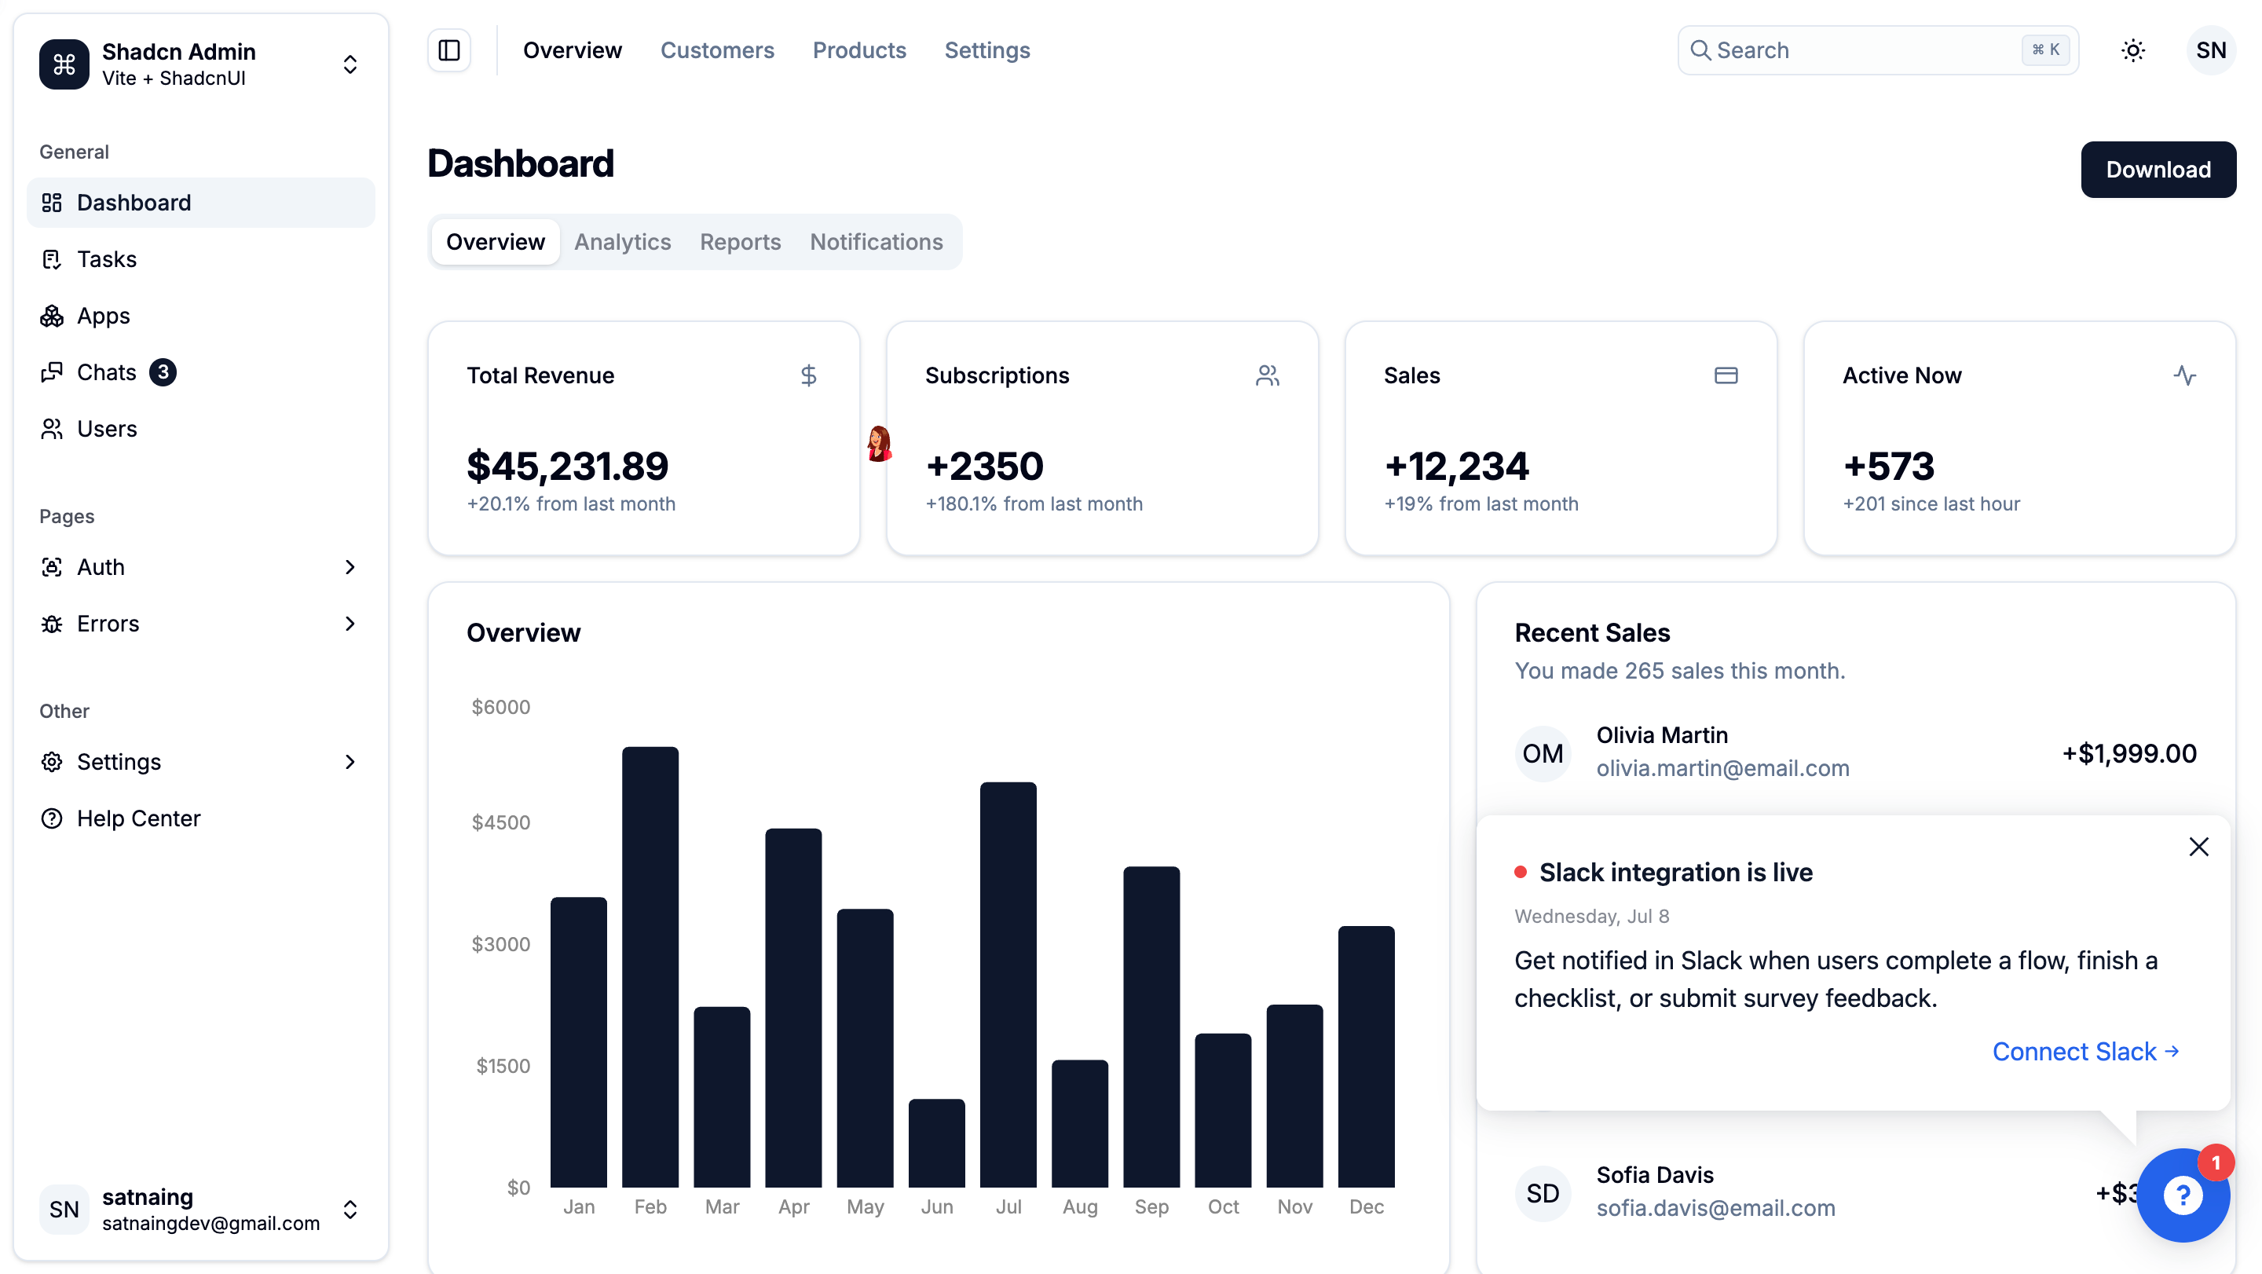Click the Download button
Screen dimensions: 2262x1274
[x=2158, y=170]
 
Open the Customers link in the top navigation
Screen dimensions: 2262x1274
[x=717, y=50]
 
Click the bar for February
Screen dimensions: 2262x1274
[x=650, y=967]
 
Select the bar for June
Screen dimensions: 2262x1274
[x=936, y=1142]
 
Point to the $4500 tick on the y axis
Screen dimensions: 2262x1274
[x=500, y=822]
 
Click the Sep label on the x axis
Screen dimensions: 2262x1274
[x=1151, y=1206]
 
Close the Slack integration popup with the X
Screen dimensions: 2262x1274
[x=2198, y=847]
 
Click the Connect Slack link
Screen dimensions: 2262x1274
[x=2085, y=1051]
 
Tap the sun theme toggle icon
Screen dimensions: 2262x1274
[x=2133, y=50]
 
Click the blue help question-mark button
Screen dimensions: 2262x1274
[x=2182, y=1194]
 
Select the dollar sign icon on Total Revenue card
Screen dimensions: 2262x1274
[x=808, y=375]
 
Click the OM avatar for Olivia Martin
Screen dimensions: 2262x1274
[x=1542, y=753]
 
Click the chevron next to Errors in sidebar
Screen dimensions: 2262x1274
[x=350, y=624]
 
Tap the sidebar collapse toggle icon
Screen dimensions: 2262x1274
[x=448, y=50]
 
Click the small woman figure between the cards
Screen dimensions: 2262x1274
[x=878, y=444]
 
